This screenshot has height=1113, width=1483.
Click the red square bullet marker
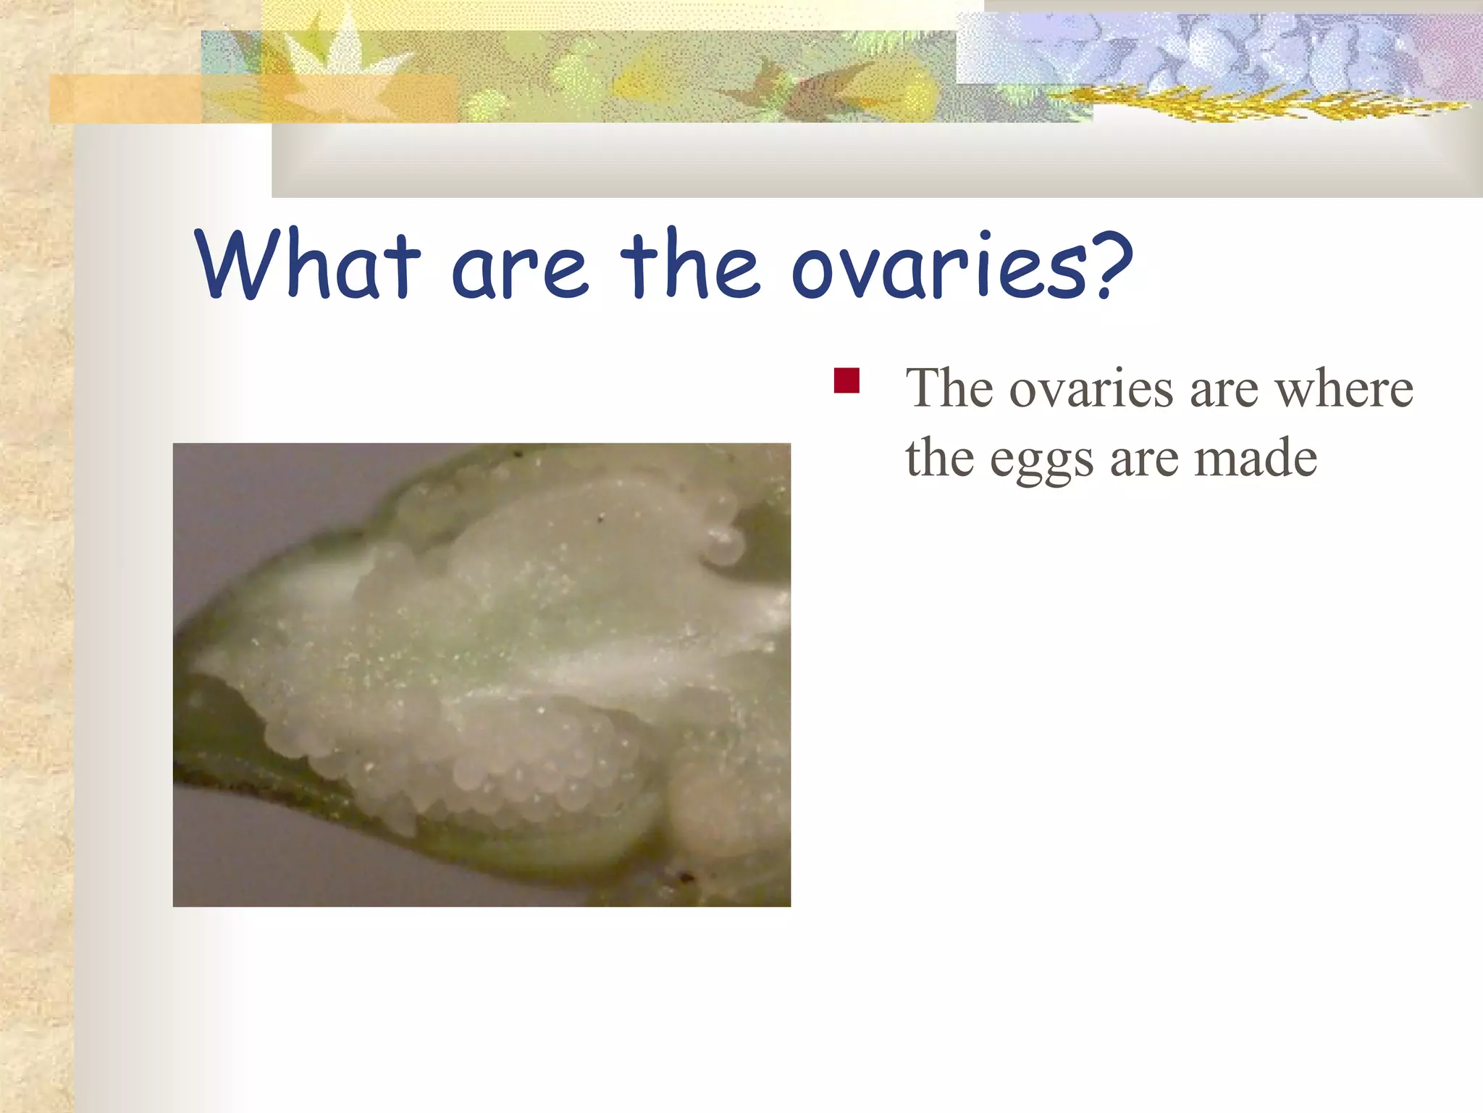point(846,380)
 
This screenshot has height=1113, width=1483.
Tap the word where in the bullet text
point(1343,389)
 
